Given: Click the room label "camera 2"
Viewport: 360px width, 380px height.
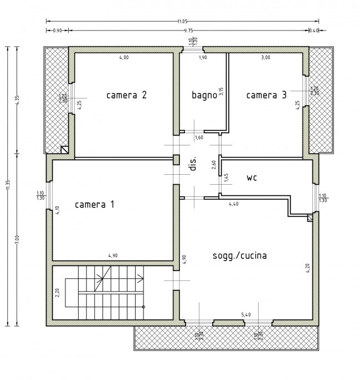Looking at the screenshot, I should (126, 95).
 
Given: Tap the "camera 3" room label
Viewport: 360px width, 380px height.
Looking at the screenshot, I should (266, 95).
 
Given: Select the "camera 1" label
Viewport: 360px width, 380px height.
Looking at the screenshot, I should (95, 205).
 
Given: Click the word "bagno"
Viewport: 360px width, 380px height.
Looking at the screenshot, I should (203, 95).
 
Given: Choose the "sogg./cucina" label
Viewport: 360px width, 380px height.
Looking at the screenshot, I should (240, 256).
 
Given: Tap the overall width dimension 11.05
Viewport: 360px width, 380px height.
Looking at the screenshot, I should (181, 22).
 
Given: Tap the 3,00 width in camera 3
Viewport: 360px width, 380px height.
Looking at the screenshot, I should (266, 58).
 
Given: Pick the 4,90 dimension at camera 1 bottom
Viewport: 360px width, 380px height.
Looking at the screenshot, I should (112, 256).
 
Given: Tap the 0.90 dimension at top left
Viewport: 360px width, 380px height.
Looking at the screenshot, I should (56, 32).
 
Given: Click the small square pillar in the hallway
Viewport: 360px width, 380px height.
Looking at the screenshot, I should (176, 160).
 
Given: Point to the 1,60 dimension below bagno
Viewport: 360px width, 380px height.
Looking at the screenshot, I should (199, 137).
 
